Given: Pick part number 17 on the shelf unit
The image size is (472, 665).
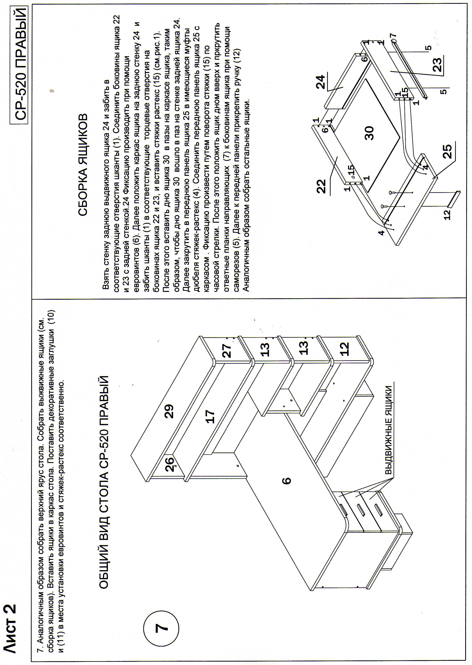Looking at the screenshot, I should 209,416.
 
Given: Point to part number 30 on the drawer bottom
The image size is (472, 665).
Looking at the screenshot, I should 369,133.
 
